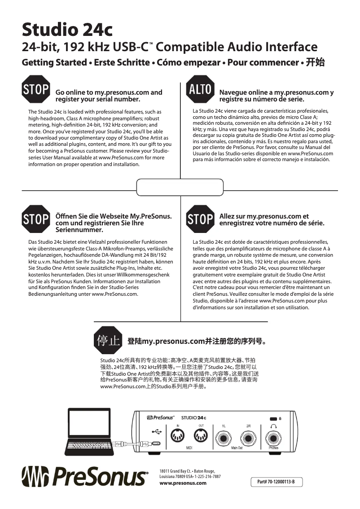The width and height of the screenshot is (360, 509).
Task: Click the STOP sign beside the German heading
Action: click(x=36, y=219)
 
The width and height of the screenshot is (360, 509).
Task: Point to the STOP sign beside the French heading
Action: click(x=200, y=219)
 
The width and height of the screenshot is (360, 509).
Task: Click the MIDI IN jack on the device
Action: click(x=178, y=436)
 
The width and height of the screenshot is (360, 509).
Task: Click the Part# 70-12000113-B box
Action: click(x=277, y=482)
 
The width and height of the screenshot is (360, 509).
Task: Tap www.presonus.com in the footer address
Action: click(x=183, y=483)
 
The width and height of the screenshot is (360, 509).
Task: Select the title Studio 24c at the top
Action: click(x=67, y=31)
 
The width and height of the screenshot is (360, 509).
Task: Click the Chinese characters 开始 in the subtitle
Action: click(x=315, y=62)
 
